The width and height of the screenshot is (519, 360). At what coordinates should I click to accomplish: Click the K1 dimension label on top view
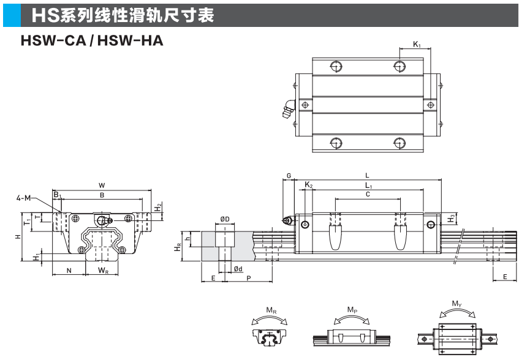(x=417, y=44)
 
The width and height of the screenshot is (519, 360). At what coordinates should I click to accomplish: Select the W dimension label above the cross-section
(x=102, y=185)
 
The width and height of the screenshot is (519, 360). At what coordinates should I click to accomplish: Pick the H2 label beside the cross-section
(x=159, y=208)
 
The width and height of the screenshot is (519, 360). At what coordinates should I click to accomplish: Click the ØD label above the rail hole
(x=225, y=219)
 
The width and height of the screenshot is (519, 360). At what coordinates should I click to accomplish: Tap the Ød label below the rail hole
(x=238, y=269)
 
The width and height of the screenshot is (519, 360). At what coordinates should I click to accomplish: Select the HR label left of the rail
(x=177, y=247)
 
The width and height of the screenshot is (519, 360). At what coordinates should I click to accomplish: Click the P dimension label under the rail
(x=249, y=279)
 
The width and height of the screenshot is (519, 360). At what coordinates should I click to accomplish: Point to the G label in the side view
(x=289, y=176)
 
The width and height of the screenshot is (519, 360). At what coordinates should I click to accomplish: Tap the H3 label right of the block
(x=452, y=217)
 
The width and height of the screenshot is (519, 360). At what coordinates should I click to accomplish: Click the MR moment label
(x=270, y=312)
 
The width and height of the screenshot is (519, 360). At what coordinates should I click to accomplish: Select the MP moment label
(x=352, y=310)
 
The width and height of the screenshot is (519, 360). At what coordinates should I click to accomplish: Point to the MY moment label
(x=456, y=304)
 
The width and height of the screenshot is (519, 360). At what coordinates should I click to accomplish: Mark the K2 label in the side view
(x=309, y=185)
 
